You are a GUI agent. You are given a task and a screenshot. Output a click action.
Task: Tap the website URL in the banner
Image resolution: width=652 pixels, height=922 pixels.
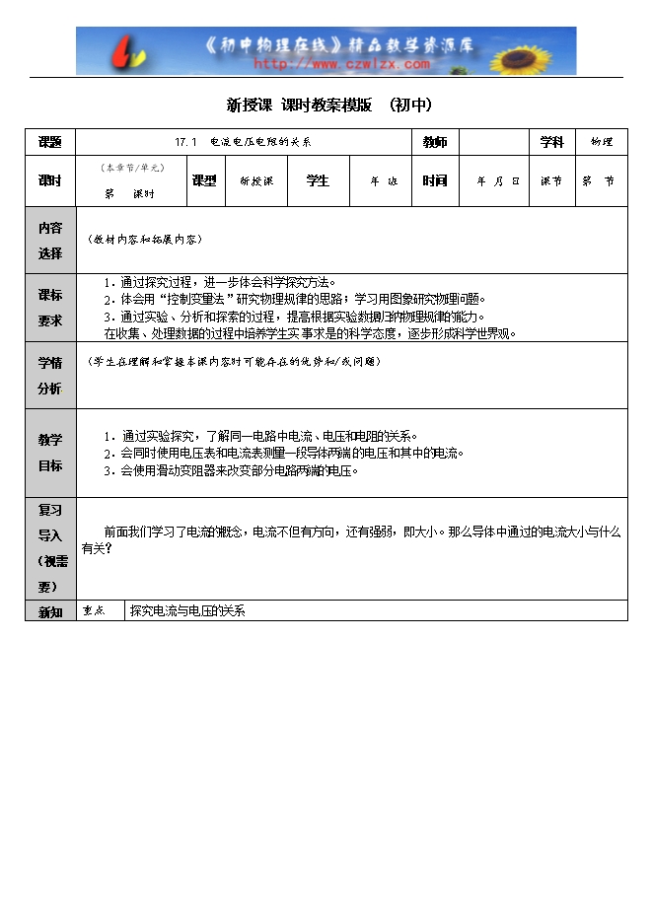pos(342,64)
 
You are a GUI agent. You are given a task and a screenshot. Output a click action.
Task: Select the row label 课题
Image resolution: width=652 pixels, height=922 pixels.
pos(50,142)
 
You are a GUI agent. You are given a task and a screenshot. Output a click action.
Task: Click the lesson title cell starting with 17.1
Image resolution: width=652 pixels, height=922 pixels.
pos(243,142)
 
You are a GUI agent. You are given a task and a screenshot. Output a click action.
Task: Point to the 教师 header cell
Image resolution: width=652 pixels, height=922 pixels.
pos(434,142)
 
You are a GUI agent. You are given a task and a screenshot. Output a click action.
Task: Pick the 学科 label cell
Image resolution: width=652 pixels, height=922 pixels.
pos(551,142)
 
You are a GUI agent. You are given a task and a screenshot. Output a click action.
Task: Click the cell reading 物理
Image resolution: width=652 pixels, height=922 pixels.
pos(601,142)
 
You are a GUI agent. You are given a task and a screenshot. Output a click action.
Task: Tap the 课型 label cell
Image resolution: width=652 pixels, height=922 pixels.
pos(204,180)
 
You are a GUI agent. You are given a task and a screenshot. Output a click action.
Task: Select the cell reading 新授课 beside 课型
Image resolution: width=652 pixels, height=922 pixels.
pos(256,181)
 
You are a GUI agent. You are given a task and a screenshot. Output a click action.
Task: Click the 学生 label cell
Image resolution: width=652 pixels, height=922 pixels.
pos(318,180)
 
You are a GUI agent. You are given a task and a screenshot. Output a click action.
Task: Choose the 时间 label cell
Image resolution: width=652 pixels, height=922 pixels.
pos(434,180)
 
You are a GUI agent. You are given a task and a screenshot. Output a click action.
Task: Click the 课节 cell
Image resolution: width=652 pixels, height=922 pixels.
pos(551,181)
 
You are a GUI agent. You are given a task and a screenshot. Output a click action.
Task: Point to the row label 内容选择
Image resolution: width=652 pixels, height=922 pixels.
pos(50,240)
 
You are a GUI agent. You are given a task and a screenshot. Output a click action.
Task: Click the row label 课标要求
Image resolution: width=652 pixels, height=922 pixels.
pos(50,308)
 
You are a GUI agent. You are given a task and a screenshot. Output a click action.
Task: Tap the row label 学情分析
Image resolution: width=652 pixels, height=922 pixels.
pos(50,375)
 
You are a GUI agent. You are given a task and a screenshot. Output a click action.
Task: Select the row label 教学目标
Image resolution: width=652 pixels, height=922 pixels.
pos(50,453)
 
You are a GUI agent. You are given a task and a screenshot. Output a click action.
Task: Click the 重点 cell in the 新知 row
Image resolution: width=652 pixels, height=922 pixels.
pos(100,611)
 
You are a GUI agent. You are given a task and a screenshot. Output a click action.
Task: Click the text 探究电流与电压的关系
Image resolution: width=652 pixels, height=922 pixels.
pos(187,611)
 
